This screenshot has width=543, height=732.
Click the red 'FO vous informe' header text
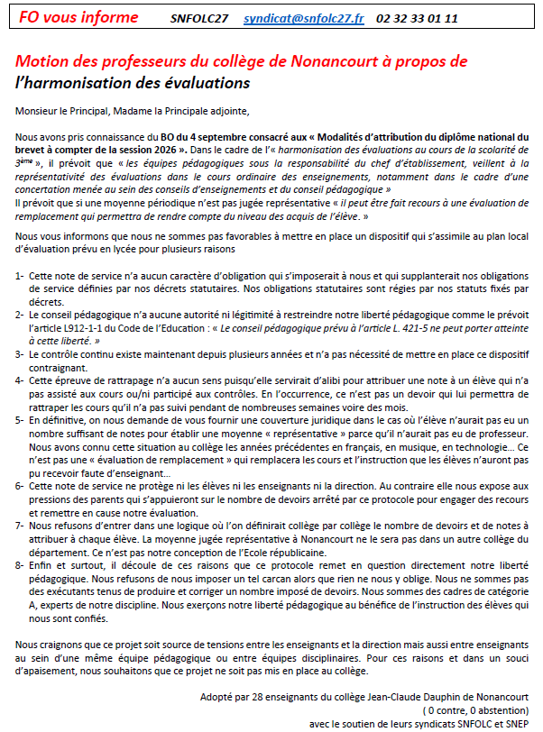click(80, 17)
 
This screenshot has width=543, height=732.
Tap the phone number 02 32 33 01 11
click(418, 18)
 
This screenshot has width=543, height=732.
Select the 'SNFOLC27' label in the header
click(199, 18)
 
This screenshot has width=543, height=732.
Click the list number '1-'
click(20, 273)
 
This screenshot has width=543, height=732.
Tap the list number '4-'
click(20, 380)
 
